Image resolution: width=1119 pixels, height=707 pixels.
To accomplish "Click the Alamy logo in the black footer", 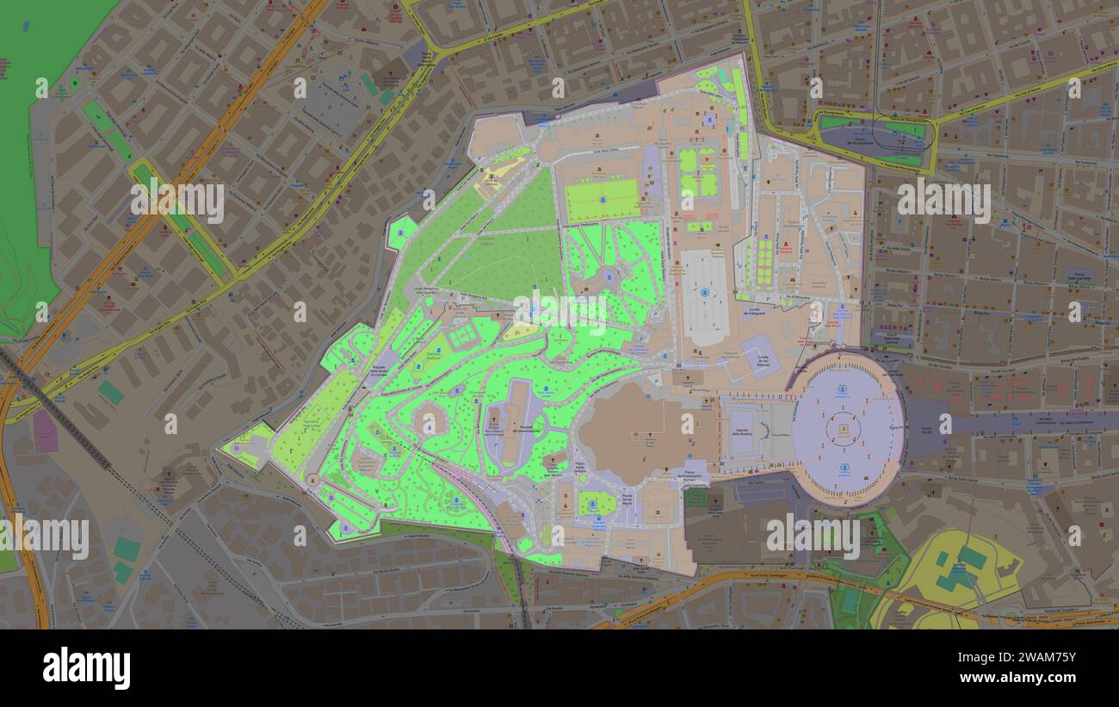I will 86,668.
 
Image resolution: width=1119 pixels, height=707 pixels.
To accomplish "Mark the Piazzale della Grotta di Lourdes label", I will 380,371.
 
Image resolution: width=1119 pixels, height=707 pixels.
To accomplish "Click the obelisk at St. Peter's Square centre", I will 844,427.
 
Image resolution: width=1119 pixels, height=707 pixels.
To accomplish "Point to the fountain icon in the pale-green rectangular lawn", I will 603,200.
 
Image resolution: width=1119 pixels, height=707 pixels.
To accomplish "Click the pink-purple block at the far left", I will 45,431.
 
